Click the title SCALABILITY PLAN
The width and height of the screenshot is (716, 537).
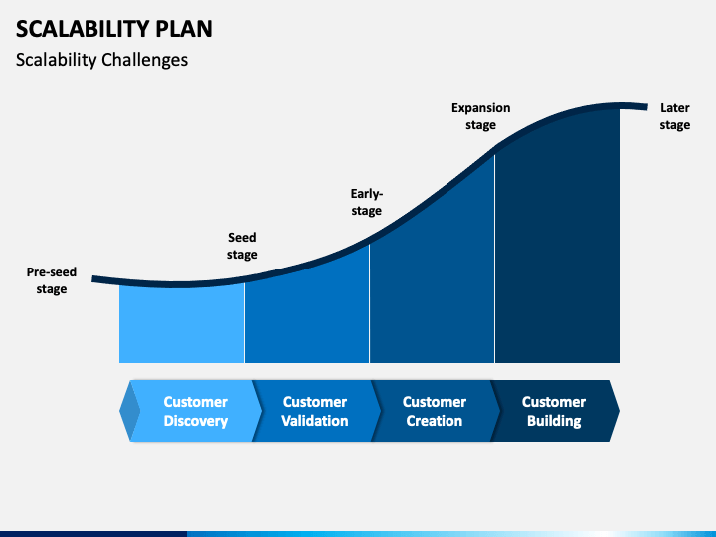point(114,27)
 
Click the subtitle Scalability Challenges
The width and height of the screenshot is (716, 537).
point(101,60)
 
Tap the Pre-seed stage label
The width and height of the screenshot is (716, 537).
point(52,280)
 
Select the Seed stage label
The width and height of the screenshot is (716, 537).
point(242,246)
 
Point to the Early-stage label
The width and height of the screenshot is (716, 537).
point(366,202)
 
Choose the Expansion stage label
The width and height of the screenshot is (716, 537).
point(480,116)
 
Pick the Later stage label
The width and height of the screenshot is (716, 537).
point(675,116)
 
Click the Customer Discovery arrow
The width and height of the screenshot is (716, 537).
point(195,411)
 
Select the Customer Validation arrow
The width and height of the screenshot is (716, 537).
point(314,411)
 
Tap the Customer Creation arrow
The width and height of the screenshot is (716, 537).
point(434,411)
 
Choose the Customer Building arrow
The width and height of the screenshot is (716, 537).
point(553,411)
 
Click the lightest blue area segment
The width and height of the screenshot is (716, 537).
point(181,323)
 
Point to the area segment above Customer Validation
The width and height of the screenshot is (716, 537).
point(306,313)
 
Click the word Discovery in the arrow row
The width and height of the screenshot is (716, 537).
point(195,421)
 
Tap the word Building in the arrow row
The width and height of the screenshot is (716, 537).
point(553,421)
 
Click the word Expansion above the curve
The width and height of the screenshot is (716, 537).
point(480,107)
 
